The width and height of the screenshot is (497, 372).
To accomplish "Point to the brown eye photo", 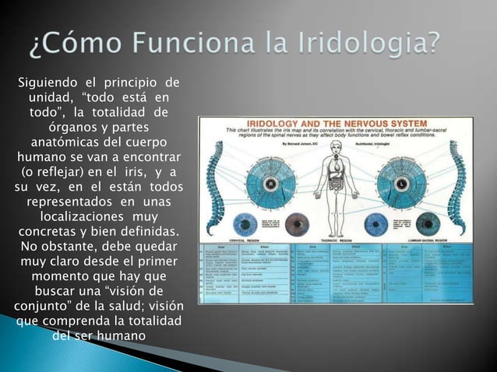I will (295, 224).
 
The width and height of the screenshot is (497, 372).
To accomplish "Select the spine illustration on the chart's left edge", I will (214, 183).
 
